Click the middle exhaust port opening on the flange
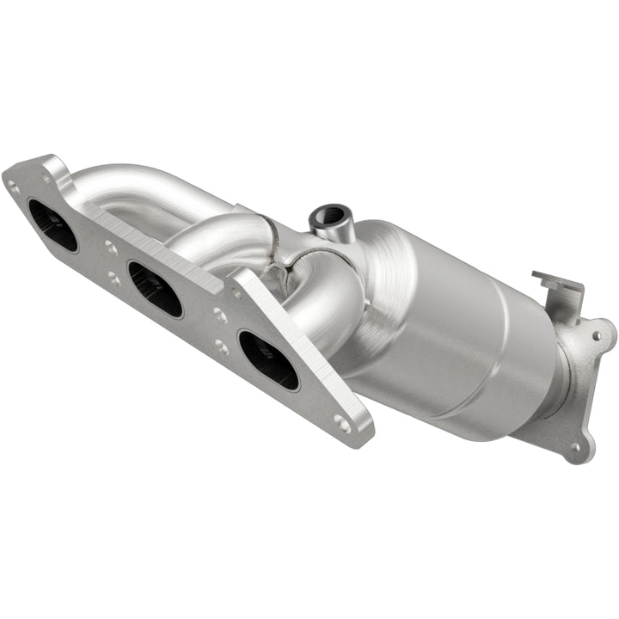[x=155, y=289]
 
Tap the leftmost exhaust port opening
[x=52, y=225]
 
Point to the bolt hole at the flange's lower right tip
[x=342, y=422]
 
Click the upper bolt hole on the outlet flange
[x=599, y=331]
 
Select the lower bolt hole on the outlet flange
[x=578, y=446]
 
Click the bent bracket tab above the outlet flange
[x=559, y=289]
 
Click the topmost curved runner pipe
[x=146, y=185]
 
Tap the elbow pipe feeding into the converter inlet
[x=331, y=301]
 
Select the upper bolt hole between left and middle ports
[x=112, y=248]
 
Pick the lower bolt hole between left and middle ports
[x=113, y=279]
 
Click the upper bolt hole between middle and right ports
[x=220, y=316]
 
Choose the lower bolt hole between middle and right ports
[x=222, y=346]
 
